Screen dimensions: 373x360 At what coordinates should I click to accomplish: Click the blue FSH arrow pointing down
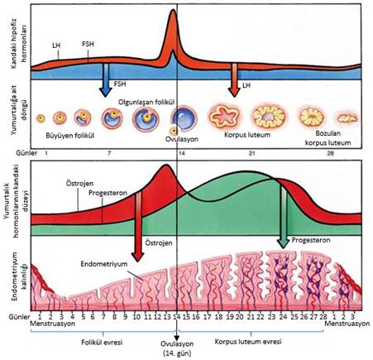coord(105,80)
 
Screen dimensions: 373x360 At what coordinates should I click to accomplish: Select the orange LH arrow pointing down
coord(234,80)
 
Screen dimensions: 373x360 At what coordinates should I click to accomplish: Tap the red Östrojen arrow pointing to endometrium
coord(138,226)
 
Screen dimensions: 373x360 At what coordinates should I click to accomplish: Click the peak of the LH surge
coord(173,10)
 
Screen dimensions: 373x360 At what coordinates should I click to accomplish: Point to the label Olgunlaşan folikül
coord(146,102)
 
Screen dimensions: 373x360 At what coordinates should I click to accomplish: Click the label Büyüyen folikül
coord(70,136)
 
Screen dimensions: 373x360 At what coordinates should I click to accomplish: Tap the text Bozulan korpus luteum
coord(328,138)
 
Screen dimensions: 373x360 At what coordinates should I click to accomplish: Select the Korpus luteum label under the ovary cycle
coord(247,135)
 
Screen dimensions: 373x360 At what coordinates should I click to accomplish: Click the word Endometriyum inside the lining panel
coord(104,264)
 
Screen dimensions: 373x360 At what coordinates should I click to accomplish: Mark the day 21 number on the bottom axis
coord(251,316)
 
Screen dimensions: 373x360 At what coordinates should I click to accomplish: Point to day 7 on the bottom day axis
coord(103,316)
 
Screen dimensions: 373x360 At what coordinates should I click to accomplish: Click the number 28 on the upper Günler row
coord(330,153)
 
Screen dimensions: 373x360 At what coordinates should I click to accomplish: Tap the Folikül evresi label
coord(102,343)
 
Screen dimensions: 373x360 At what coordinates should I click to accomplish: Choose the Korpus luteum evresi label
coord(248,342)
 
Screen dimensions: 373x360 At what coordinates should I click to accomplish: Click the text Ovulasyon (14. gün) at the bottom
coord(177,348)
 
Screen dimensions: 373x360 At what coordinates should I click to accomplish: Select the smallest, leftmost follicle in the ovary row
coord(41,118)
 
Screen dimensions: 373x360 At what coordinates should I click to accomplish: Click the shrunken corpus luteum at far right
coord(347,118)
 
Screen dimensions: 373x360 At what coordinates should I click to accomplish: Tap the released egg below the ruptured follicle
coord(174,131)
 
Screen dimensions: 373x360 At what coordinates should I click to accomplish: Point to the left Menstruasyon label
coord(52,324)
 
